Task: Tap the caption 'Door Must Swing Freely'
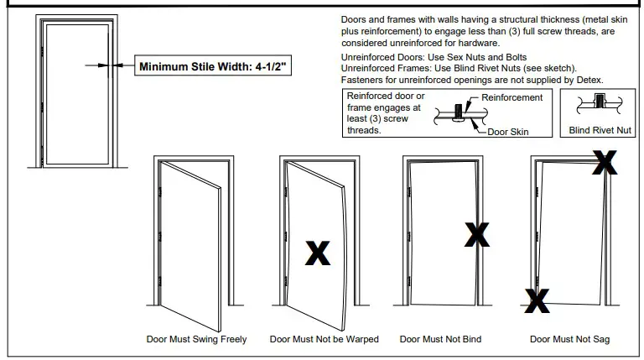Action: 197,340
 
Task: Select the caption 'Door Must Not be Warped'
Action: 324,340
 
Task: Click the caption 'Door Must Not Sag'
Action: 569,340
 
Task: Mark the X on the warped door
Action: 317,252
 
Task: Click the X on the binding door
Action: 476,234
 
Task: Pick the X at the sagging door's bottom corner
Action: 537,299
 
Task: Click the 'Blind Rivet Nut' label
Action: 601,131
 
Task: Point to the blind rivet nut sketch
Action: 600,105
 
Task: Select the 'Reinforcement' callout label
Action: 512,98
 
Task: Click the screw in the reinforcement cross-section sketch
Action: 458,112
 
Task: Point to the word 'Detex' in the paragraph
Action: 589,80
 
